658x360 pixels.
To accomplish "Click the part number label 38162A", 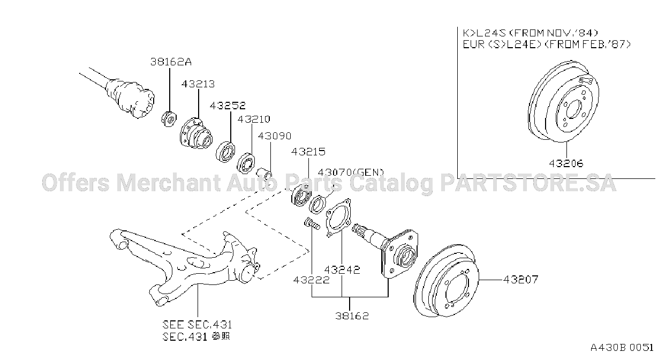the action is [x=171, y=62].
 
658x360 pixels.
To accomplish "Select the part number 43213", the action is [x=198, y=84].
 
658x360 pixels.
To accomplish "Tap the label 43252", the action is [x=228, y=106].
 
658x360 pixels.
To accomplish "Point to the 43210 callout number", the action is [x=253, y=119].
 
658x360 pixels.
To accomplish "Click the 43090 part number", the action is [x=275, y=136].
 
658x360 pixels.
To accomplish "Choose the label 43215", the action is [x=308, y=152].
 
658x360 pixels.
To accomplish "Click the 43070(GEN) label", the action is [x=351, y=172].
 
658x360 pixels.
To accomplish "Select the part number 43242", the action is [x=342, y=270].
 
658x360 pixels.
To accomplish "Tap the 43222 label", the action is [x=312, y=280].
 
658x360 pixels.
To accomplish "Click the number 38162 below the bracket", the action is [x=352, y=316].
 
